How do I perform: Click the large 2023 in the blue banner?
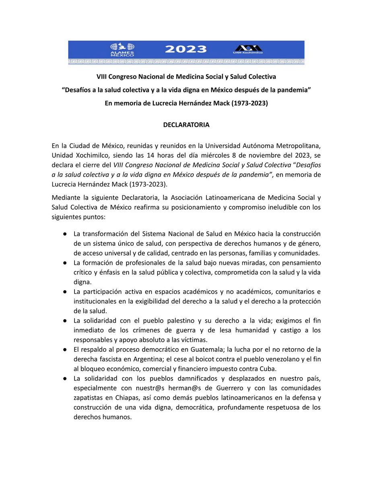(186, 49)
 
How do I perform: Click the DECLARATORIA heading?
(186, 125)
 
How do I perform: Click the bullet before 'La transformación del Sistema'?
(64, 234)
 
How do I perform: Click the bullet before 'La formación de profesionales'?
(64, 263)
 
